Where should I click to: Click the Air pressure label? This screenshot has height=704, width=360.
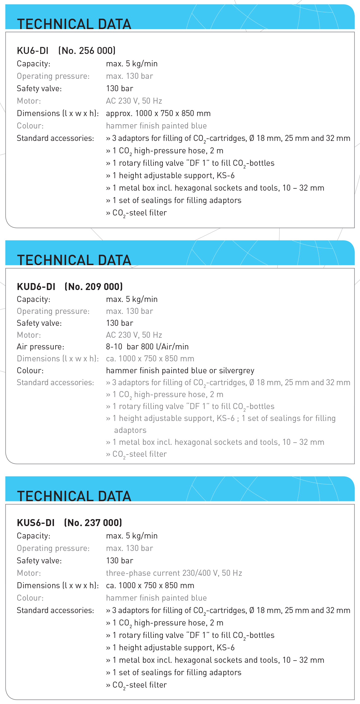[41, 347]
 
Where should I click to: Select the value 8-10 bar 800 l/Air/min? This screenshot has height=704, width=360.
[147, 347]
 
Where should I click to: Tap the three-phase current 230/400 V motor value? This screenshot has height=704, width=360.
[174, 573]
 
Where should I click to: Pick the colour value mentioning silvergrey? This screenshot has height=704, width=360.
[180, 370]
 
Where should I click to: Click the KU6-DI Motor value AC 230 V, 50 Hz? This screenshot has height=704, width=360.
[134, 101]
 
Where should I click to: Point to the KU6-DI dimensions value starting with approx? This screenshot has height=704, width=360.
[158, 113]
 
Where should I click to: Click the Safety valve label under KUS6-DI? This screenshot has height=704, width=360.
[39, 561]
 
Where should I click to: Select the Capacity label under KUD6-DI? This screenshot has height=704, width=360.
[33, 299]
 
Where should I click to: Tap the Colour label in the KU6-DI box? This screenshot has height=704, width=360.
[30, 126]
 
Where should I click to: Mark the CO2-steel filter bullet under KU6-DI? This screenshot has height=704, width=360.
[137, 213]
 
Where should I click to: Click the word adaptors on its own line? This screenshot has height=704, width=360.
[130, 430]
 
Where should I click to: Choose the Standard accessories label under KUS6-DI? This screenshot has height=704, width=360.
[55, 610]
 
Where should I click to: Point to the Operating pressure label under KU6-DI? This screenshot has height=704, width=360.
[53, 76]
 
